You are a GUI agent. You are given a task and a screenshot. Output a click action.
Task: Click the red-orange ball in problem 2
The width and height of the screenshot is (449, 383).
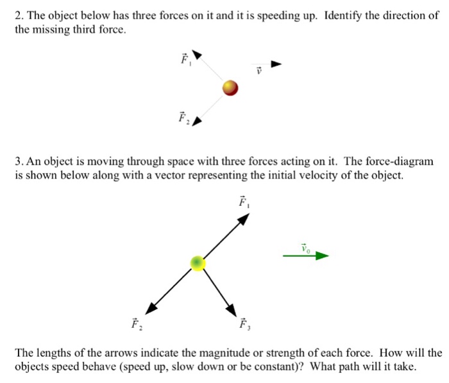(230, 88)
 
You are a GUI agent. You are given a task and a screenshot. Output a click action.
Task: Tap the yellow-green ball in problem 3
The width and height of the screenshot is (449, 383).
(198, 263)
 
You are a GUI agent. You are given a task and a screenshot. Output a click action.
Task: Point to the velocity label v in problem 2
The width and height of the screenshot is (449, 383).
(260, 71)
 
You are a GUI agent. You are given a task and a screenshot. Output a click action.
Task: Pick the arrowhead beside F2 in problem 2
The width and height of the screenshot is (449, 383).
(198, 121)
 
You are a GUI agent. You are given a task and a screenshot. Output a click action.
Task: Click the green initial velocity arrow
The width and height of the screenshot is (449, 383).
(305, 256)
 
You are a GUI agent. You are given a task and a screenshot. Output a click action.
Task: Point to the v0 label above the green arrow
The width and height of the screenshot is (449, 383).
(305, 246)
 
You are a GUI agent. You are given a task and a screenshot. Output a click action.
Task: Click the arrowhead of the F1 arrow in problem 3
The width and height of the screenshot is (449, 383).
(244, 218)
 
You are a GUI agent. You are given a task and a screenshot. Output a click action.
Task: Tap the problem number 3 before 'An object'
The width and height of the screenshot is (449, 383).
(18, 162)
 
